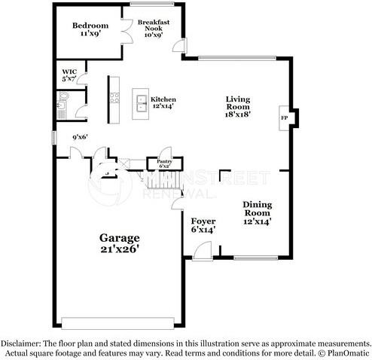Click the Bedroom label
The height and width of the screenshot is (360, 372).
tap(91, 29)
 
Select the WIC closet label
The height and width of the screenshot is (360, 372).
tap(69, 75)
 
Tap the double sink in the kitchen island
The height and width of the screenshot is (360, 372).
tap(140, 100)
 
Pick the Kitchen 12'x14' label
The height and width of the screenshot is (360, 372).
tap(163, 103)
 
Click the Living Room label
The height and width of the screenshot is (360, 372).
tap(239, 106)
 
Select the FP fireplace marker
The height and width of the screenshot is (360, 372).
tap(284, 118)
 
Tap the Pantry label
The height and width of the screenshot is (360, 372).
tap(163, 163)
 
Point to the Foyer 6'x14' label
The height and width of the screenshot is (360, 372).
tap(203, 224)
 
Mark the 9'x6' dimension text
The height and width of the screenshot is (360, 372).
tap(80, 138)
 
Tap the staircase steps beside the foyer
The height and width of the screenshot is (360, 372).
tap(156, 182)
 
